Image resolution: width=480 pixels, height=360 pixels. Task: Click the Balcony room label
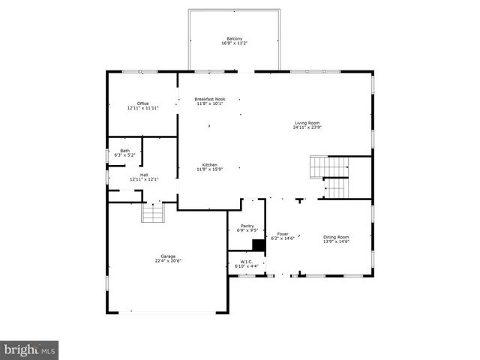235,39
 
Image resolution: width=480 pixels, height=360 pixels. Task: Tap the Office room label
142,103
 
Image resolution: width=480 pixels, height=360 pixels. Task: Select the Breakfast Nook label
210,99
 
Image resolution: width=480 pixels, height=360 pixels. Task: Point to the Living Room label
307,123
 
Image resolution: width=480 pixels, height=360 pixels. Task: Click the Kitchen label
210,165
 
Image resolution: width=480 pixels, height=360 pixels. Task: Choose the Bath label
124,151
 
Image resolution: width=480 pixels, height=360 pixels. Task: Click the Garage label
168,256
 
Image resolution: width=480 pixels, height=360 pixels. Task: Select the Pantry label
247,226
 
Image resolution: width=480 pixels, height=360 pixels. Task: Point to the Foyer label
283,234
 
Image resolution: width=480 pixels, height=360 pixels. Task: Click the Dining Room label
336,237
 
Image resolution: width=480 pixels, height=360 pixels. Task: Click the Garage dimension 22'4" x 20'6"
168,261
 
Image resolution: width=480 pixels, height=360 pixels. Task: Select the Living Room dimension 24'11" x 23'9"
307,127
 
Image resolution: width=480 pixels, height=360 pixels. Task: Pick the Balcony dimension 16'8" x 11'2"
235,43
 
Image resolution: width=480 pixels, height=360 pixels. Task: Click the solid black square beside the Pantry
259,244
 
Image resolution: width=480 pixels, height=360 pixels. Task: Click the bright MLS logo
29,349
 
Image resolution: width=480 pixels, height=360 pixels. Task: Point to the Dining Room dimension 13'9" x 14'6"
336,241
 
